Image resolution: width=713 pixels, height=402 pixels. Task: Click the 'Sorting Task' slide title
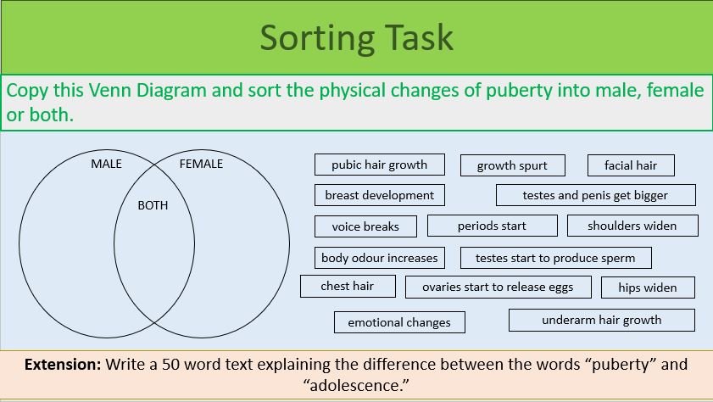(356, 38)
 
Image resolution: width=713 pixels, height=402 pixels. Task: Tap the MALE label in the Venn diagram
(106, 164)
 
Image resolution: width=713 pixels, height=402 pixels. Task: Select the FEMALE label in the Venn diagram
(201, 164)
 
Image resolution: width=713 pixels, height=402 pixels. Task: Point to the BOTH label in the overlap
(153, 205)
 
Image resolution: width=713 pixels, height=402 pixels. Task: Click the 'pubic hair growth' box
(379, 165)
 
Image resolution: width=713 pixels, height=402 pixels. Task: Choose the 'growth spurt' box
(512, 165)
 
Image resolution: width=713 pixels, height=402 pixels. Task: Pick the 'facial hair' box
(631, 165)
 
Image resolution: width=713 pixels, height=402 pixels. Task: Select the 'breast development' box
(379, 195)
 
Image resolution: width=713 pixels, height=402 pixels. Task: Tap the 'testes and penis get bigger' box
(595, 195)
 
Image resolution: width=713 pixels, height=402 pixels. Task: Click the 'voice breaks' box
(365, 226)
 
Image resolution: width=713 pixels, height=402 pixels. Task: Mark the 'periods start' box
(492, 226)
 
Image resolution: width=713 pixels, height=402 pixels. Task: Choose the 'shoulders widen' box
(632, 226)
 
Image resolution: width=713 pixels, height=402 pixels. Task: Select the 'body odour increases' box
(379, 257)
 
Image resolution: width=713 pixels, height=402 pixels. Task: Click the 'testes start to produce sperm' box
(555, 258)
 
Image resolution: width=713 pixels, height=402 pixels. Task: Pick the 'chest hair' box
(347, 286)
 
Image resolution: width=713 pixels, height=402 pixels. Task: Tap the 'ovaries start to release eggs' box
(498, 288)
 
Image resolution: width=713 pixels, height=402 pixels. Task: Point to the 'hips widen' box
(647, 288)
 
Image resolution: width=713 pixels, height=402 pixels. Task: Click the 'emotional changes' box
(398, 322)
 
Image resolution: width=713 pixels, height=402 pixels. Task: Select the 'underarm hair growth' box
(601, 320)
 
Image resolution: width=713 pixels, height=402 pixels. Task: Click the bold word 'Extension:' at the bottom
(63, 365)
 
